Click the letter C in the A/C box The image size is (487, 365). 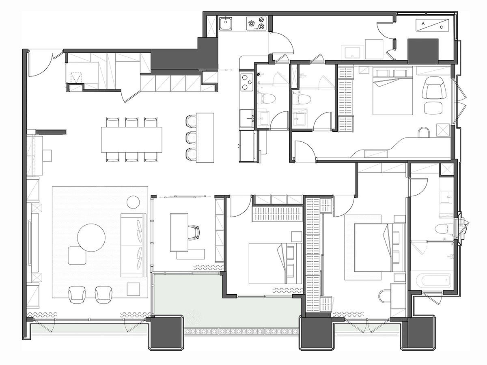pyautogui.click(x=442, y=27)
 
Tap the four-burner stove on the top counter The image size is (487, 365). pyautogui.click(x=256, y=24)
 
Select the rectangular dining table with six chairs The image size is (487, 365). pyautogui.click(x=131, y=139)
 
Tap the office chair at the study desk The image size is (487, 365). pyautogui.click(x=194, y=232)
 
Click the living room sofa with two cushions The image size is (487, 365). pyautogui.click(x=133, y=246)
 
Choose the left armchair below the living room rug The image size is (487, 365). pyautogui.click(x=77, y=294)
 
